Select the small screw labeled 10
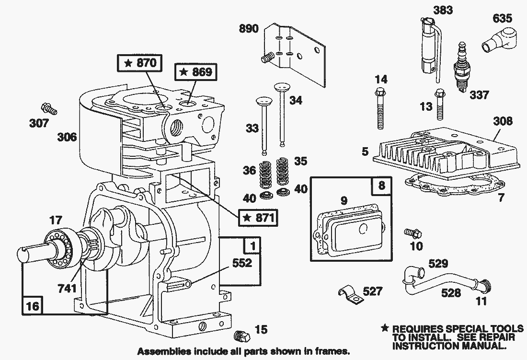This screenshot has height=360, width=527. [412, 233]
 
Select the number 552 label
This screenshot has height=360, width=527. [242, 263]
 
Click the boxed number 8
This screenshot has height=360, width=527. [381, 186]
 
